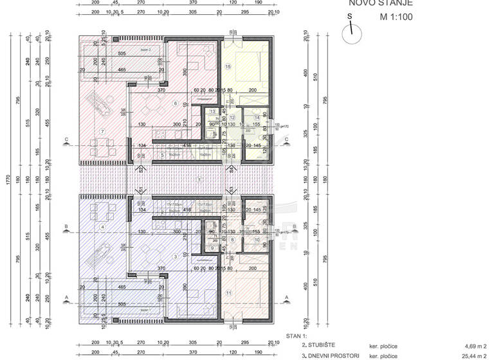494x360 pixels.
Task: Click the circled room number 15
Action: coord(228,66)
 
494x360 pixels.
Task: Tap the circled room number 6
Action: coord(174,104)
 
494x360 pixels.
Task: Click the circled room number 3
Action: coord(174,256)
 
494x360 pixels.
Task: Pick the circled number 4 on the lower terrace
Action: coord(102,227)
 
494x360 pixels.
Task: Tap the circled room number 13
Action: coord(212,111)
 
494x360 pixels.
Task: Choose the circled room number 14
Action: coord(256,118)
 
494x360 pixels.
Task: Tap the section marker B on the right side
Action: coord(288,226)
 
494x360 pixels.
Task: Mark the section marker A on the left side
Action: coord(66,297)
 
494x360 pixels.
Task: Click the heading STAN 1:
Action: coord(297,336)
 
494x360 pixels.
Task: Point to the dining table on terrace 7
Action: coord(103,152)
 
